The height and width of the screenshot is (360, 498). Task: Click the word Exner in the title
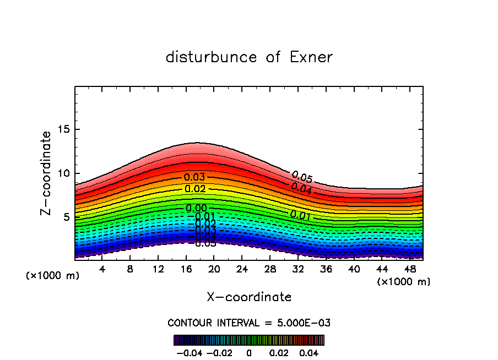[x=311, y=57]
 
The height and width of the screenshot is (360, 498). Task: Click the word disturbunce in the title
[x=212, y=57]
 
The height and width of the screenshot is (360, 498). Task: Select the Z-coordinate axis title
[x=47, y=173]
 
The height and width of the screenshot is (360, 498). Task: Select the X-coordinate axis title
[x=249, y=297]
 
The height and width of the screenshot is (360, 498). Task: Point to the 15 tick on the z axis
[x=64, y=129]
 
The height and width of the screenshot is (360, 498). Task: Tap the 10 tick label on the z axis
[x=64, y=173]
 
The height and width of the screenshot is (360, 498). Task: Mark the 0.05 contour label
[x=302, y=177]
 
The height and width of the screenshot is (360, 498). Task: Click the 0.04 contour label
[x=301, y=188]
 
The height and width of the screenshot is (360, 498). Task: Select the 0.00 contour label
[x=196, y=208]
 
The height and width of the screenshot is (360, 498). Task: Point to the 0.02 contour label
[x=195, y=189]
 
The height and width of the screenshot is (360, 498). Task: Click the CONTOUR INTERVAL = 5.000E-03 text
[x=249, y=323]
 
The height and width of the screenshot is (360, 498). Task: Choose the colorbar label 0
[x=249, y=352]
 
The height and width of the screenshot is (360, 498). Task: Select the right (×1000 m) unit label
[x=404, y=282]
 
